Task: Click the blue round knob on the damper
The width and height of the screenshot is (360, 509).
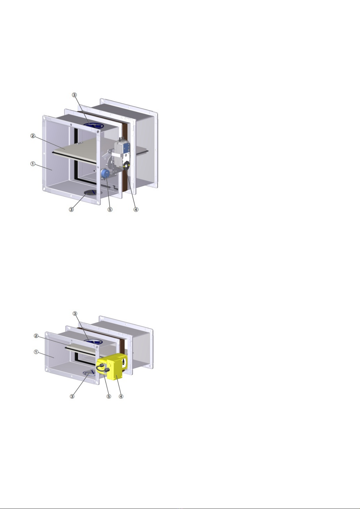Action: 105,174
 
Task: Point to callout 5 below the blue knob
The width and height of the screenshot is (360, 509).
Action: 110,209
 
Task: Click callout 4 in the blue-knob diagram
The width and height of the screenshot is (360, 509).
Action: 136,209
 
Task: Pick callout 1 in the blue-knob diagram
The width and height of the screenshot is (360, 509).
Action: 33,164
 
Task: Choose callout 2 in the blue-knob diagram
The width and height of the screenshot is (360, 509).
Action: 33,136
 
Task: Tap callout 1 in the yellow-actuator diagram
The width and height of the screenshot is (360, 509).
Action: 36,352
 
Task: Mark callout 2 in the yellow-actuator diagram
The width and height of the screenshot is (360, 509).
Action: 36,336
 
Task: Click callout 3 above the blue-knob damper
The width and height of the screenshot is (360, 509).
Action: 75,95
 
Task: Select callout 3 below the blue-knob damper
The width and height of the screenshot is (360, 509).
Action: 71,209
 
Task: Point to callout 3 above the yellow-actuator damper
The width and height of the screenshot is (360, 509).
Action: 75,314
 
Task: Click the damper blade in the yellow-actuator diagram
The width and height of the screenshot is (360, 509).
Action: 81,350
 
